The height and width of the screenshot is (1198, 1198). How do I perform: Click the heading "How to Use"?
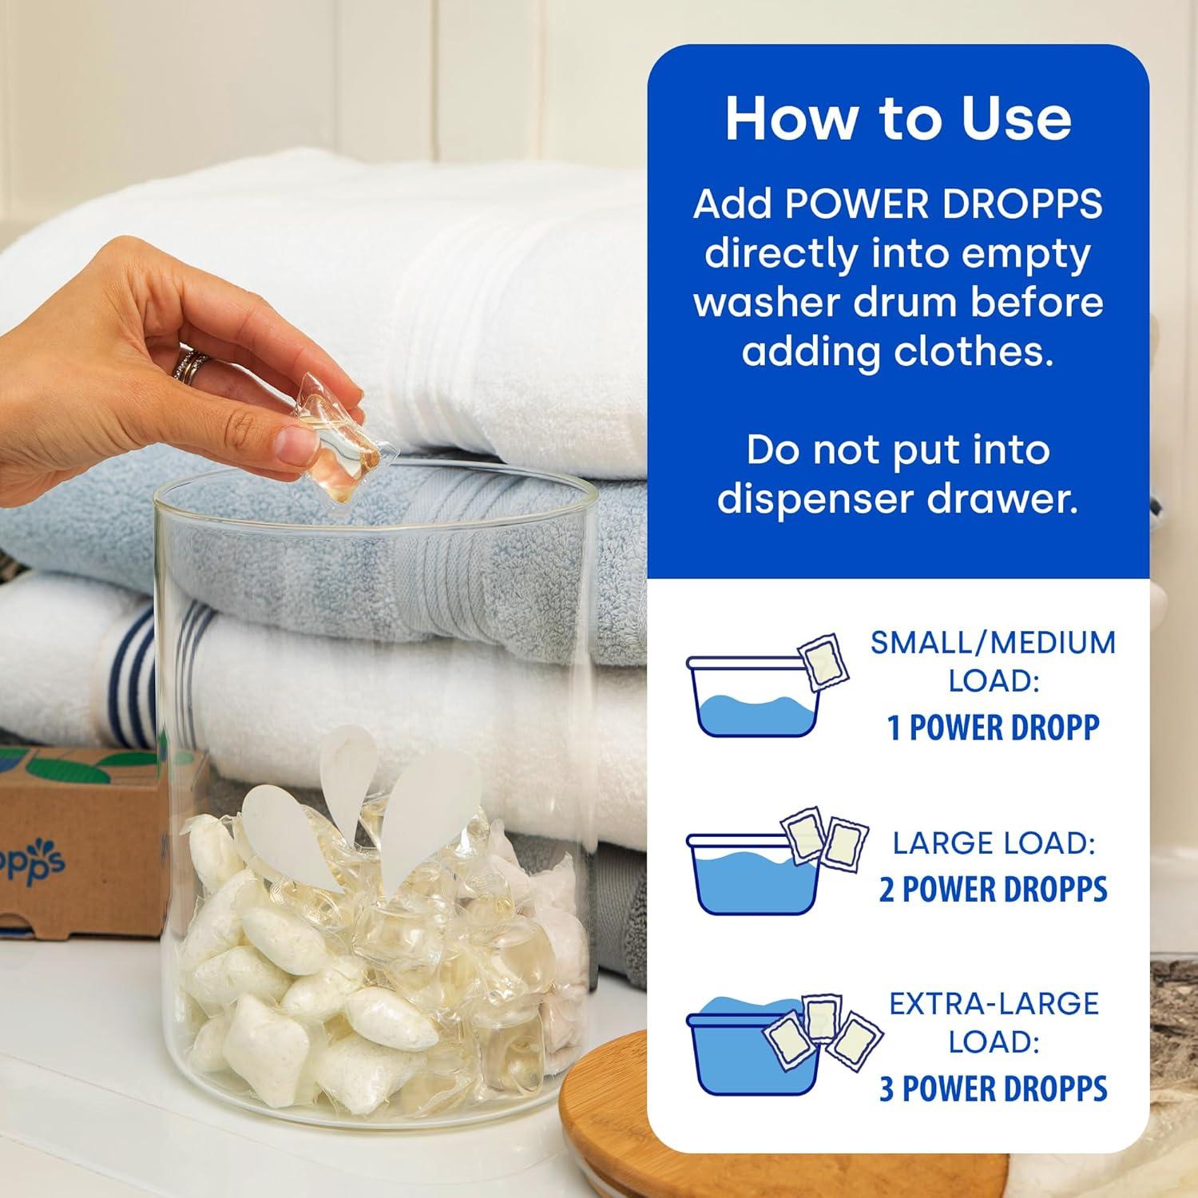pyautogui.click(x=898, y=118)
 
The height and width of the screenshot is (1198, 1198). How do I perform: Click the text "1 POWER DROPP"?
pyautogui.click(x=993, y=728)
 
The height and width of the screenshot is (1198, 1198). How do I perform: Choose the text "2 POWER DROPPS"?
pyautogui.click(x=993, y=890)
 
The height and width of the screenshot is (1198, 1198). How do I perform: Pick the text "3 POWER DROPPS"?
pyautogui.click(x=993, y=1089)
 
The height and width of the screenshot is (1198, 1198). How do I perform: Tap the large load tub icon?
pyautogui.click(x=754, y=873)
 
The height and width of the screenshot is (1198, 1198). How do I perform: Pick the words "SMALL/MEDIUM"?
pyautogui.click(x=993, y=643)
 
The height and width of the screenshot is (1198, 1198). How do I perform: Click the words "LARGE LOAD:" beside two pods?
pyautogui.click(x=993, y=843)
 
